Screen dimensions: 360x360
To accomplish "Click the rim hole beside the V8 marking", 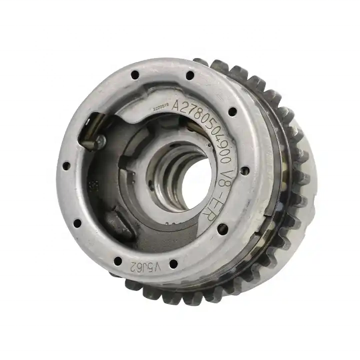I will point(245,170).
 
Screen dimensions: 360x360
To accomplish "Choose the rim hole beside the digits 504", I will point(232,111).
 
